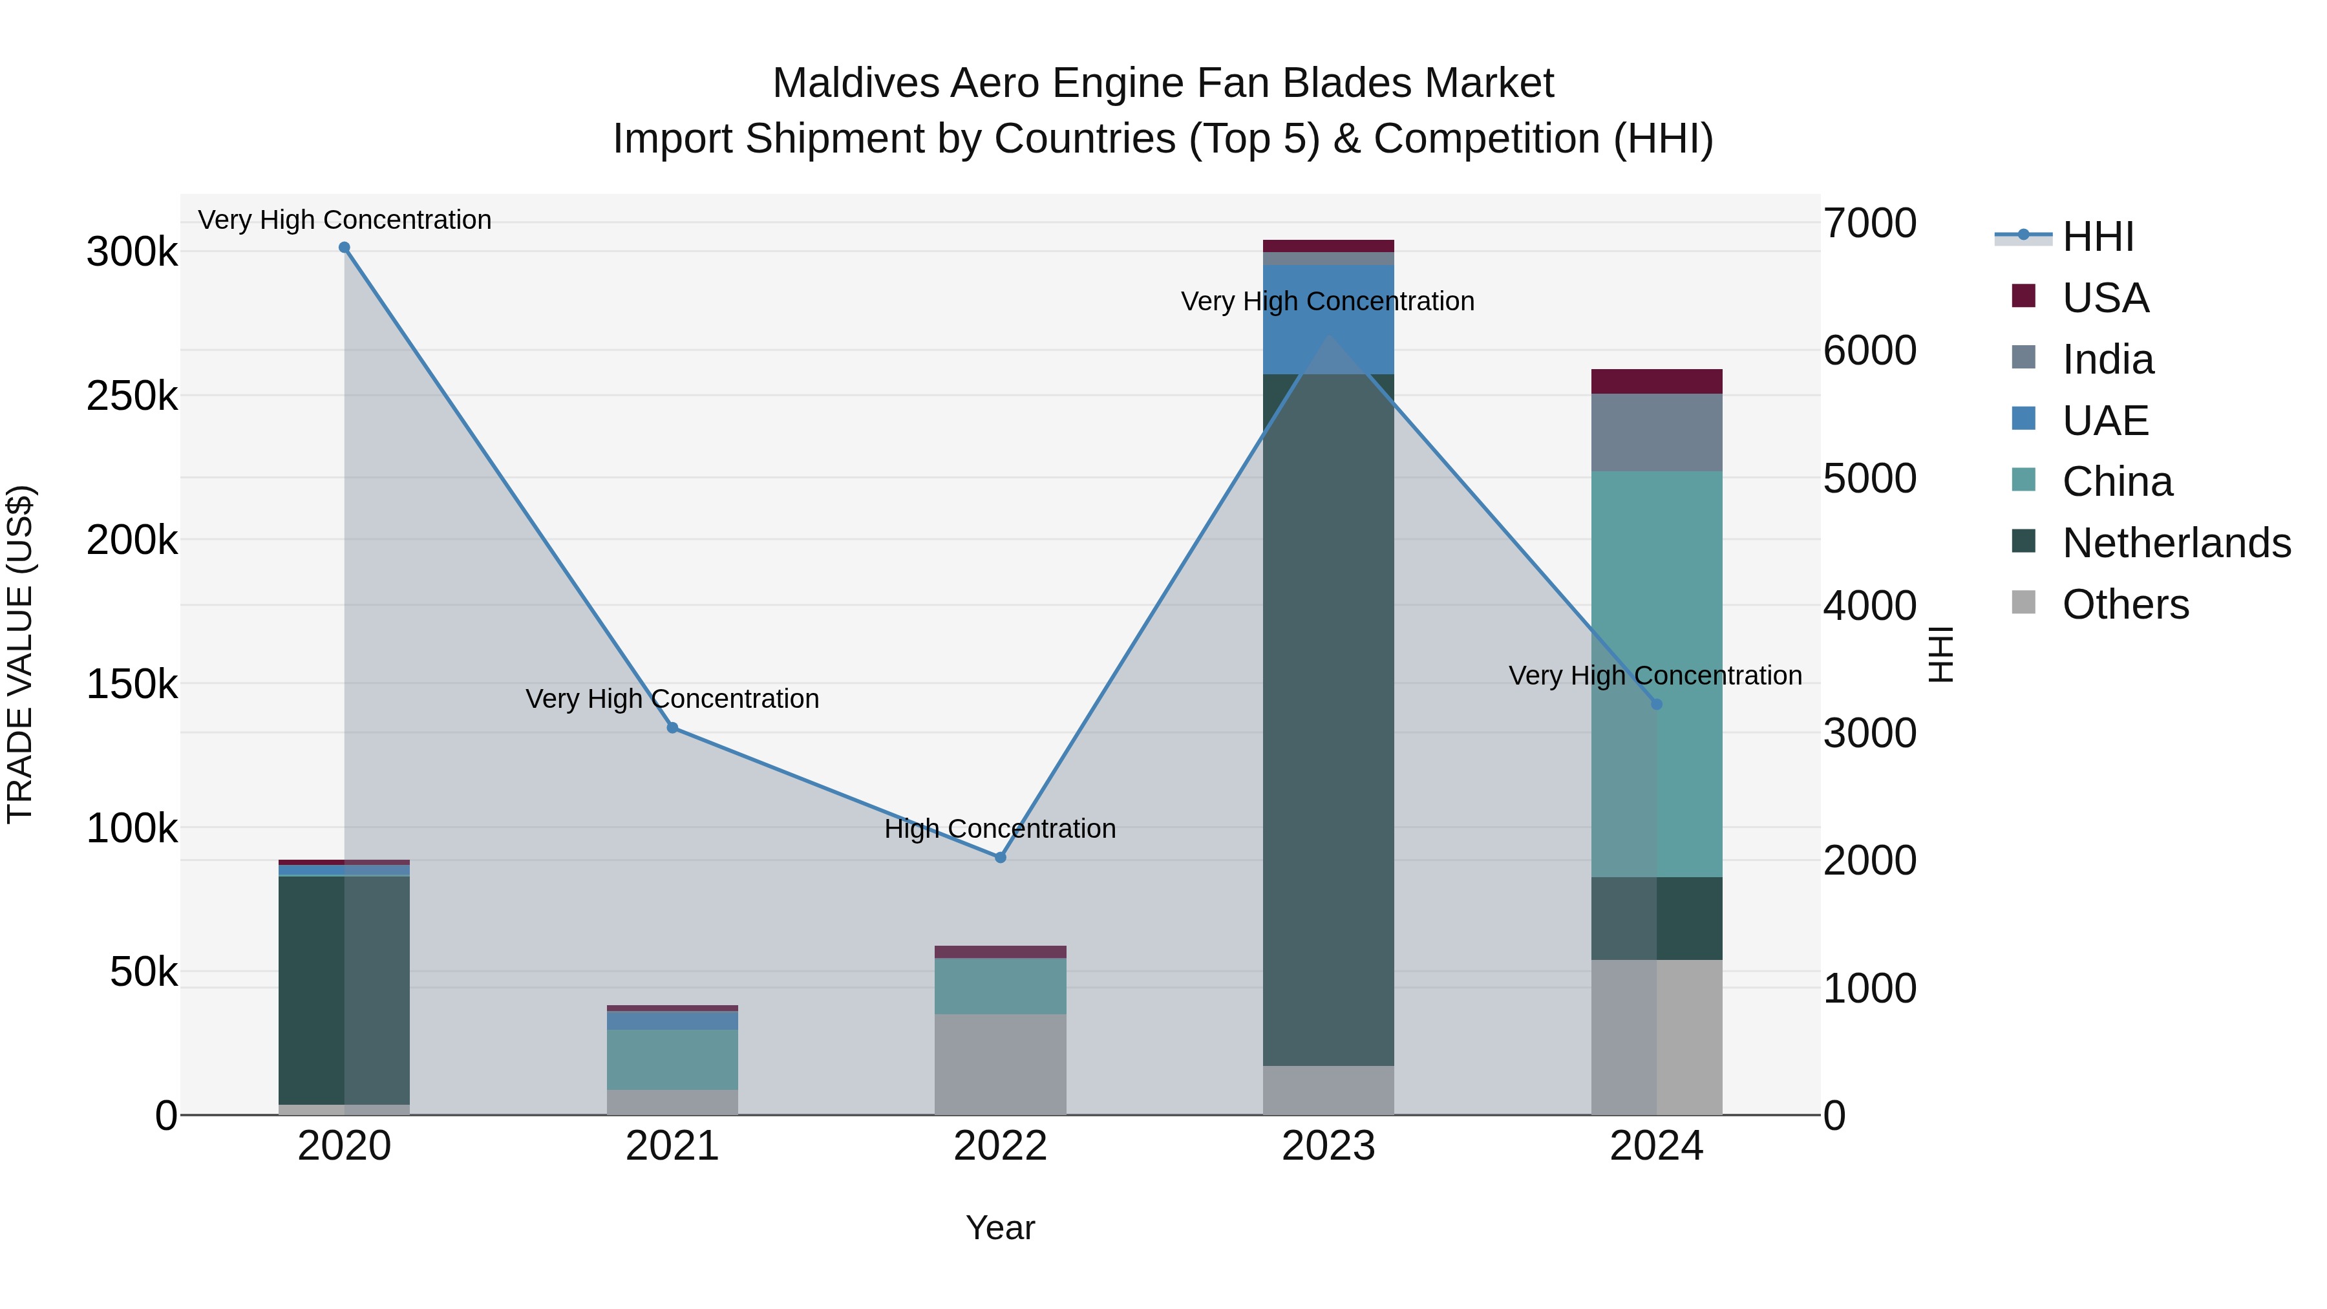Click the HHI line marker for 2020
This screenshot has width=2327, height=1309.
click(x=344, y=248)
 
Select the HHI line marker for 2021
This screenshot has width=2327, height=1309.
click(x=672, y=728)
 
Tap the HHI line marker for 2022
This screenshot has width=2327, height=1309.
click(x=1000, y=857)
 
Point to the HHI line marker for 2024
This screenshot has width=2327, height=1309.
click(x=1656, y=705)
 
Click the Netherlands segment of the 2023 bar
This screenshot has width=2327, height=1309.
click(x=1328, y=723)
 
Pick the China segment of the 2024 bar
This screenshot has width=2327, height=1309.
click(x=1656, y=587)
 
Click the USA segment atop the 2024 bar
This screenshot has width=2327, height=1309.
click(x=1656, y=381)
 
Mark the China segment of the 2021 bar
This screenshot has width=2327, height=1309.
click(x=672, y=1059)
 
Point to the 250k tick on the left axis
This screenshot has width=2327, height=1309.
click(x=132, y=396)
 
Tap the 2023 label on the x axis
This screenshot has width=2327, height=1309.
click(x=1328, y=1146)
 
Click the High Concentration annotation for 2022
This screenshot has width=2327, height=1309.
click(x=1000, y=829)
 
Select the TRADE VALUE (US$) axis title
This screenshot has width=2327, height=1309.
click(x=20, y=654)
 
